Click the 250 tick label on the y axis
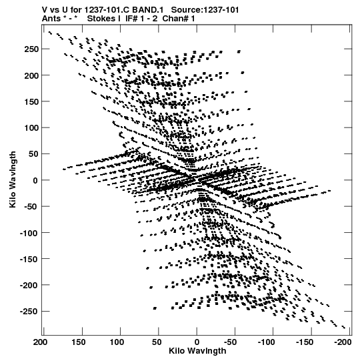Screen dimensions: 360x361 tap(31, 49)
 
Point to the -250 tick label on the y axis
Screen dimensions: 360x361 tap(29, 312)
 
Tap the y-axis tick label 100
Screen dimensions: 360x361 tap(31, 127)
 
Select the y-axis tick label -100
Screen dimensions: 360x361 tap(29, 233)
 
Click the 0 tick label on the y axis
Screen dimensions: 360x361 tap(35, 180)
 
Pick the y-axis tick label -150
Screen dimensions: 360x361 tap(29, 259)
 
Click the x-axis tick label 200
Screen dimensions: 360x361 tap(41, 342)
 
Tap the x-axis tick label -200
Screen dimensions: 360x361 tap(343, 342)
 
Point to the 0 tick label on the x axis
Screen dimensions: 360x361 tap(197, 342)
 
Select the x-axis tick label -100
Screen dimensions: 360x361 tap(267, 342)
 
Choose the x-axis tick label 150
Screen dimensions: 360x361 tap(79, 342)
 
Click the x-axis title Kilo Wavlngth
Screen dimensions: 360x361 tap(197, 351)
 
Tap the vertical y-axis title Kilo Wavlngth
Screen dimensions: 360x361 tap(13, 179)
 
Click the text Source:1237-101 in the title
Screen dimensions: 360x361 tap(205, 10)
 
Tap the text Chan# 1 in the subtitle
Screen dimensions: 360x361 tap(179, 19)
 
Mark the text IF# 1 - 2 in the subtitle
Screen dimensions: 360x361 tap(141, 19)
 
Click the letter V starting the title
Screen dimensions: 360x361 tap(45, 10)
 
